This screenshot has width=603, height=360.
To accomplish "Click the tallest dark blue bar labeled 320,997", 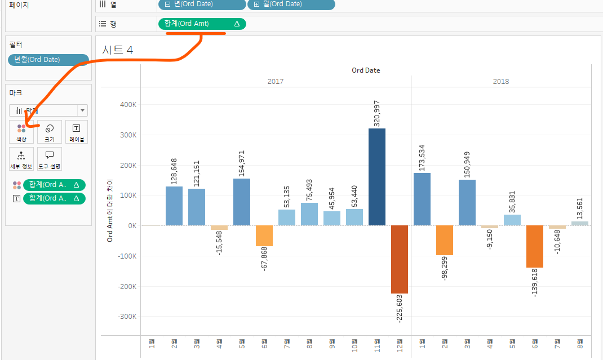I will (x=377, y=177).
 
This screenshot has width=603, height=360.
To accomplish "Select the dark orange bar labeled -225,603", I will (x=400, y=259).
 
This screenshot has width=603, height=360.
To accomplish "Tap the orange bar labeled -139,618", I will (x=535, y=246).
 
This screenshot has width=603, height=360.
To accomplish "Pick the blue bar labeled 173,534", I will (x=422, y=199).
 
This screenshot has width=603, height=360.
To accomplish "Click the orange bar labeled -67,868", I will (x=264, y=235).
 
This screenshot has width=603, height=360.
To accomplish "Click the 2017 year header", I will (x=276, y=81).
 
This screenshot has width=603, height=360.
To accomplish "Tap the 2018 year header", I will (x=500, y=81).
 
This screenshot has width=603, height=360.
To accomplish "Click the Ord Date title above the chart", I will (x=366, y=70).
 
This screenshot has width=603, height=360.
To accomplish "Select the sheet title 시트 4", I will (x=117, y=50).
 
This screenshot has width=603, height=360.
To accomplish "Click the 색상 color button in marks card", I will (x=21, y=132).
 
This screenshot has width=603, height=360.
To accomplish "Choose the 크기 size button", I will (x=50, y=132).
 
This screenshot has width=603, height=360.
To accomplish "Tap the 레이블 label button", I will (x=77, y=132).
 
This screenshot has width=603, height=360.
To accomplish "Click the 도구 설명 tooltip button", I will (x=50, y=159).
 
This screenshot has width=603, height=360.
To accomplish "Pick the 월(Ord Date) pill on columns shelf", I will (x=291, y=5).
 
